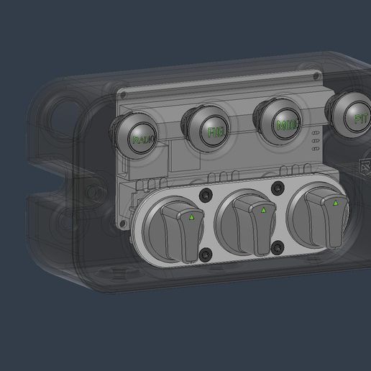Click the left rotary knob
click(180, 229)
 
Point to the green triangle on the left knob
click(191, 216)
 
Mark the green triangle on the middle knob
click(263, 210)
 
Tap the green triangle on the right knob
click(335, 203)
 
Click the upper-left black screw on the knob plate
click(208, 196)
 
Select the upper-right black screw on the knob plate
click(278, 188)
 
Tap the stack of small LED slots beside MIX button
click(314, 142)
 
